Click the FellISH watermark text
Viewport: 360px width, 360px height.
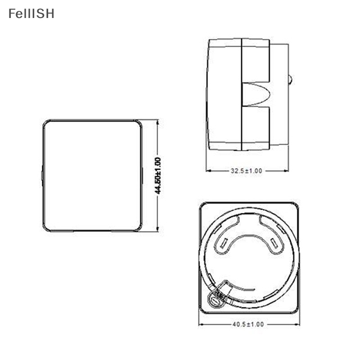click(x=31, y=13)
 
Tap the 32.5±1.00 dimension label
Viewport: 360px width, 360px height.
click(x=246, y=171)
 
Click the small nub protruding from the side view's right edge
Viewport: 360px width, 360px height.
click(x=290, y=81)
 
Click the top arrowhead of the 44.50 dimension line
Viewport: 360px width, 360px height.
click(x=157, y=122)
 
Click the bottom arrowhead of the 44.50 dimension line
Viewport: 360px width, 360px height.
click(x=157, y=229)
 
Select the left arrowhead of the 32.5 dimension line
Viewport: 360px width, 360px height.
click(x=208, y=171)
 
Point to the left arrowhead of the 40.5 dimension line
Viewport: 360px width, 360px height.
click(x=201, y=324)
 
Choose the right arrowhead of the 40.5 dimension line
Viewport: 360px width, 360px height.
click(x=296, y=324)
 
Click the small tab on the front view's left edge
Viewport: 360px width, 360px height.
click(x=42, y=175)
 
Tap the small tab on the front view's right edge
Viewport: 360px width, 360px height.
click(x=142, y=175)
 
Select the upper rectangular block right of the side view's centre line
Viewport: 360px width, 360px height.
click(x=256, y=60)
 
